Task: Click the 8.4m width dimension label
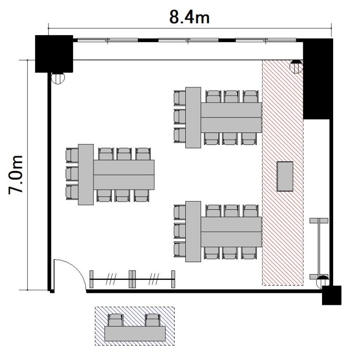coord(190,17)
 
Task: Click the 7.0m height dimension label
coord(16,175)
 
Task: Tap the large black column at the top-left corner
coord(54,54)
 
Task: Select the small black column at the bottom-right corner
coord(332,295)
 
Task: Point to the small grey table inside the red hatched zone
coord(285,176)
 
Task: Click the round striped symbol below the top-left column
coord(58,78)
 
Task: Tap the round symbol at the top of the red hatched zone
coord(296,67)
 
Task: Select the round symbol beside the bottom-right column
coord(323,282)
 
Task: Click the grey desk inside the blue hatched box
coord(135,334)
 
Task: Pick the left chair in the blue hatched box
coord(116,320)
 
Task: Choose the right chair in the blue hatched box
coord(153,320)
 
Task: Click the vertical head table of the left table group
coord(85,175)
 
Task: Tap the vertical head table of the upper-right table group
coord(193,118)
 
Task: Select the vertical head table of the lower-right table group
coord(193,231)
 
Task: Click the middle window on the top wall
coord(188,40)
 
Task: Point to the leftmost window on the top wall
coord(108,40)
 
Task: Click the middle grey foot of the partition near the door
coord(132,279)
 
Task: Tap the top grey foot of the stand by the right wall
coord(319,221)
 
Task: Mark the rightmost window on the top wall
coord(266,40)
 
